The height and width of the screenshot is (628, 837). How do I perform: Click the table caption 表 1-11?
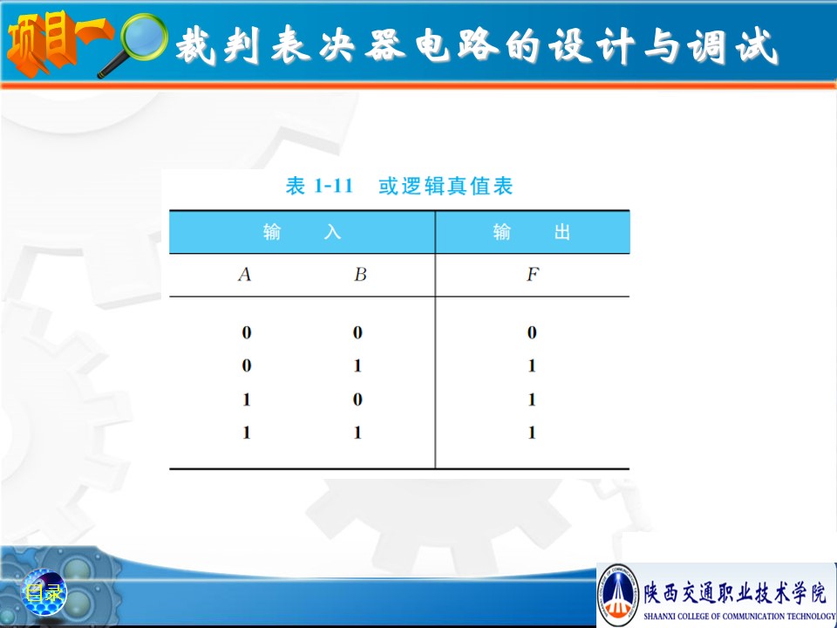coord(319,186)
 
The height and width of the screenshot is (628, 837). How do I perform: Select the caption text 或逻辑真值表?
coord(446,186)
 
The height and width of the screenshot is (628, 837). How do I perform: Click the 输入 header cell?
coord(303,232)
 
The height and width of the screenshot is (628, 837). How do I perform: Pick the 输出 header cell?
coord(532,232)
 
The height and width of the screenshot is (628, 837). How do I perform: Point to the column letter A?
coord(244,275)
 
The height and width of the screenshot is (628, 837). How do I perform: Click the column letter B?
coord(360,275)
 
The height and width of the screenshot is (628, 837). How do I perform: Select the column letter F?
coord(533,275)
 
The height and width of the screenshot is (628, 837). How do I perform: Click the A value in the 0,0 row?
coord(246,332)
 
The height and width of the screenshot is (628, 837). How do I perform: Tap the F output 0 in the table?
coord(532,332)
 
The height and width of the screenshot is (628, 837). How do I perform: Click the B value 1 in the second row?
coord(357,365)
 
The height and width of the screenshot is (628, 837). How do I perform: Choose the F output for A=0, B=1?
coord(532,365)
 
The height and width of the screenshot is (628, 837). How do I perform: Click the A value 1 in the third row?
coord(246,399)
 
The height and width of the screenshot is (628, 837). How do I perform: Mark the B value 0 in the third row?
coord(357,399)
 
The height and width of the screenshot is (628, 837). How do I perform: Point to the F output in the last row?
coord(532,433)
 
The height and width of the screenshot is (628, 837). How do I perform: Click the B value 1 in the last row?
coord(357,433)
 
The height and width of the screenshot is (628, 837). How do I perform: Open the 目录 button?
coord(44,592)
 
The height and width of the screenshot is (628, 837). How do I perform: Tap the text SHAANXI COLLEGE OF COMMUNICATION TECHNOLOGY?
coord(739,616)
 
